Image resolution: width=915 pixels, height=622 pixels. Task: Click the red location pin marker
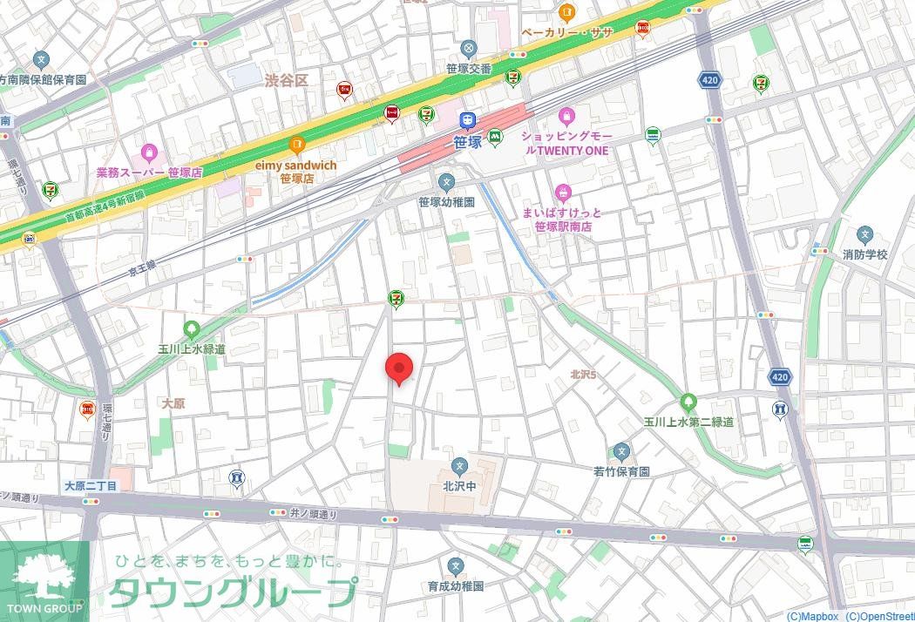pos(399,367)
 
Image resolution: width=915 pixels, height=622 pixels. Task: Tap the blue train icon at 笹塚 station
pos(468,119)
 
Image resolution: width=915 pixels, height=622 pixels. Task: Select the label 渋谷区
pos(287,80)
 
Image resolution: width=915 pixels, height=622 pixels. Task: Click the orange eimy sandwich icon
pos(296,145)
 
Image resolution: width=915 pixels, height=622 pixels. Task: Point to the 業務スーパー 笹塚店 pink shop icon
pos(148,152)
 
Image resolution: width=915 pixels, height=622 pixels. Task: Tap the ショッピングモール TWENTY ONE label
pos(566,144)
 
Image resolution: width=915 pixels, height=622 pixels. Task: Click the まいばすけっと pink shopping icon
pos(563,193)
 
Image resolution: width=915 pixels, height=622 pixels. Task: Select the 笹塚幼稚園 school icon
pos(446,182)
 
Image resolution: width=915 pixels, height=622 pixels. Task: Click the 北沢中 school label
pos(459,487)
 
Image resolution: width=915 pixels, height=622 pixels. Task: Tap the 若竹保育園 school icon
pos(621,452)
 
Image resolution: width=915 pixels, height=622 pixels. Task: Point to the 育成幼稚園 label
pos(455,587)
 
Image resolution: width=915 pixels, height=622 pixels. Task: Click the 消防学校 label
pos(864,254)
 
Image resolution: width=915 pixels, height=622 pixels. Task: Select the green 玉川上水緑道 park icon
pos(192,329)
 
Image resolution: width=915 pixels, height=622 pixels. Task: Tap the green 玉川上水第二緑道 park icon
pos(688,402)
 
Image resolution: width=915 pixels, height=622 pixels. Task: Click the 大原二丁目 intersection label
pos(91,485)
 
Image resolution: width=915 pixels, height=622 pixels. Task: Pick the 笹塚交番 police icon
pos(470,48)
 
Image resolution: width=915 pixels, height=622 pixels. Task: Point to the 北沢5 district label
pos(583,375)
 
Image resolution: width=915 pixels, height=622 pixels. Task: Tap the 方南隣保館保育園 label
pos(43,79)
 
